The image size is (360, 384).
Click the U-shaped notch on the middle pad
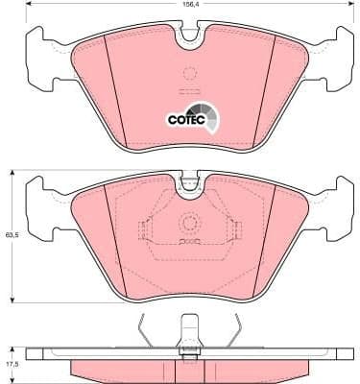190,182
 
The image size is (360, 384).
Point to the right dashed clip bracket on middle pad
233,230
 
